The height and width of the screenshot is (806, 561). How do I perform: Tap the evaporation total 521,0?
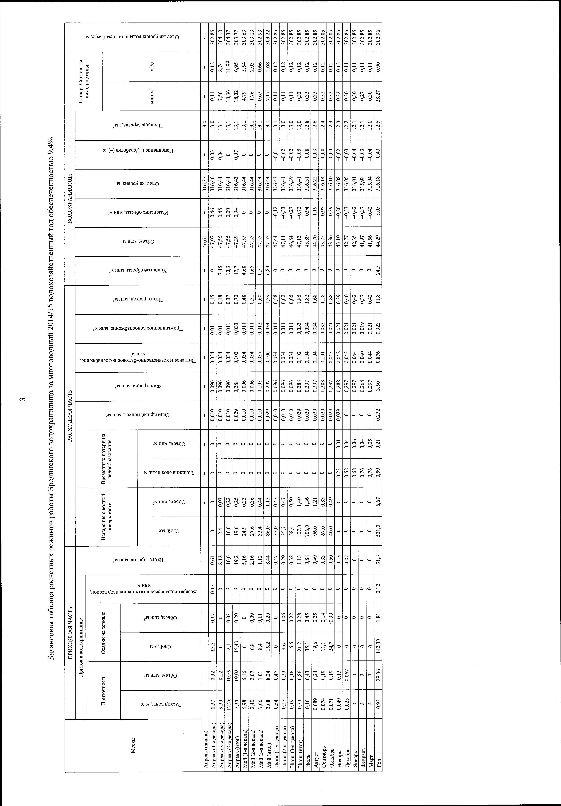pos(378,531)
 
